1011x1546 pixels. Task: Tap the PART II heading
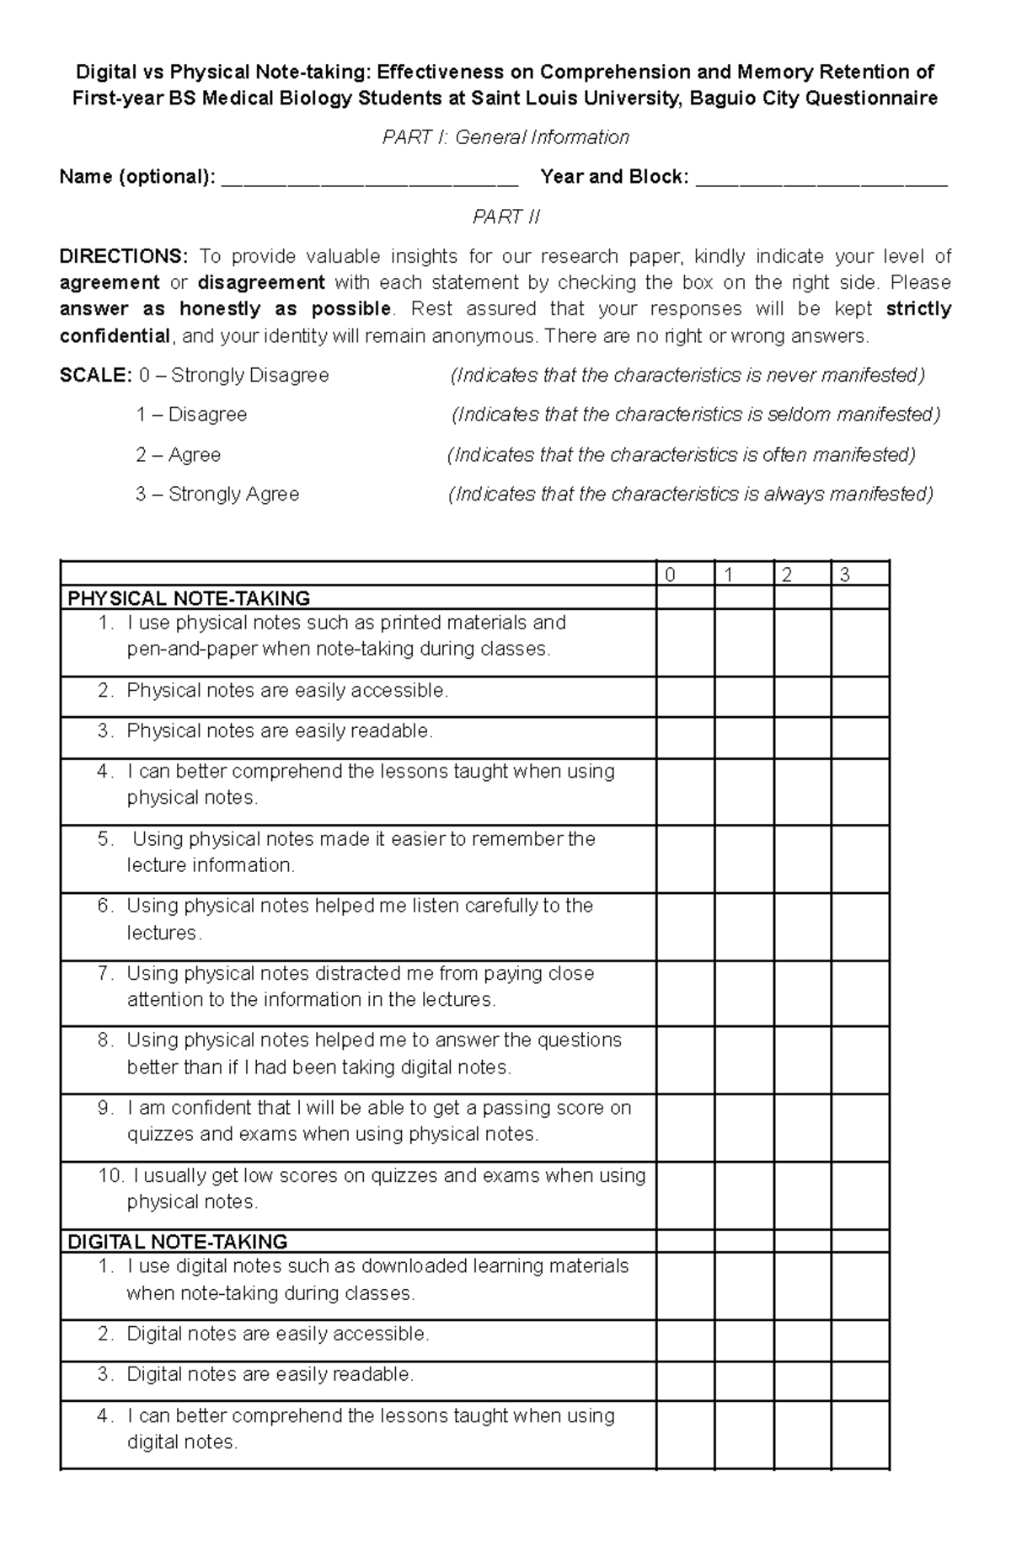coord(505,217)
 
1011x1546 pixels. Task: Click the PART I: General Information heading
coord(505,137)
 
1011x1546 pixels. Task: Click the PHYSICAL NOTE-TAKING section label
coord(189,599)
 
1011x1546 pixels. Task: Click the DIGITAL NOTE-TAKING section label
coord(177,1242)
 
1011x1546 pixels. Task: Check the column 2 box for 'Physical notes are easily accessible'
coord(801,697)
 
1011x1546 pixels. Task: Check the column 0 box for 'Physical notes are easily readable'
coord(685,737)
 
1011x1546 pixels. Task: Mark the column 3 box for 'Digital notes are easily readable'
coord(859,1381)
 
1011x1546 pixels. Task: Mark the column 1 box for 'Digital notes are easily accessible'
coord(743,1340)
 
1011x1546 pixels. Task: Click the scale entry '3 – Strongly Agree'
coord(217,495)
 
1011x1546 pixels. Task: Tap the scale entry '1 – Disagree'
coord(191,415)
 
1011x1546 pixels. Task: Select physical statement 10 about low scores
coord(371,1188)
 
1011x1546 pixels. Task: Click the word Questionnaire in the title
coord(871,99)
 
